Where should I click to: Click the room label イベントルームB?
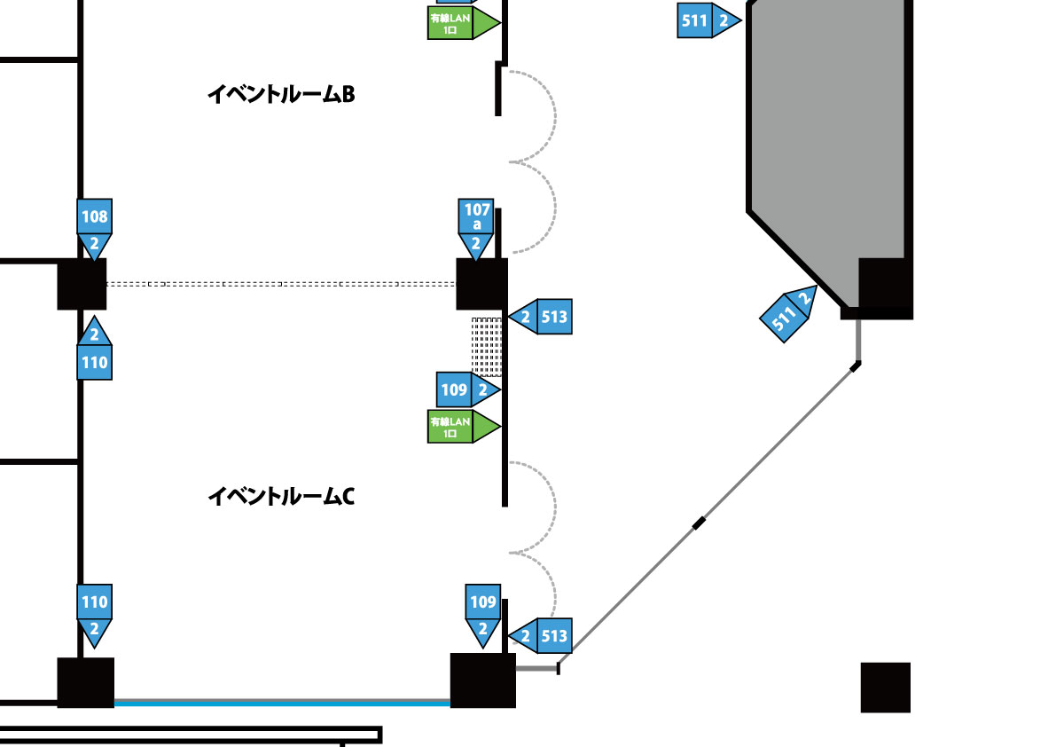[x=280, y=94]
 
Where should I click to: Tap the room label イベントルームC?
[x=280, y=496]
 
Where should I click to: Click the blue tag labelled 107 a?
[x=477, y=227]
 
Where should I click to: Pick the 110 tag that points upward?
[x=95, y=351]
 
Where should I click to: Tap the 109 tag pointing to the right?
[x=466, y=389]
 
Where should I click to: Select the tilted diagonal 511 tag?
[x=789, y=313]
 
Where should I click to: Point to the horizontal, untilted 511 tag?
[x=707, y=20]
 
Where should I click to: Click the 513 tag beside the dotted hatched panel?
[x=541, y=316]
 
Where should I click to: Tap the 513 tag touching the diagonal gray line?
[x=541, y=635]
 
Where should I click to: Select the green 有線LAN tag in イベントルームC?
[x=462, y=427]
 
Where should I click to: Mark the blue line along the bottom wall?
[x=282, y=703]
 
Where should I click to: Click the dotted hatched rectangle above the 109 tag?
[x=487, y=346]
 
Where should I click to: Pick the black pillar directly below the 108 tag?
[x=82, y=284]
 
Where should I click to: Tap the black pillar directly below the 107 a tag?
[x=481, y=284]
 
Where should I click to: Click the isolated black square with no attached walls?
[x=885, y=687]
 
